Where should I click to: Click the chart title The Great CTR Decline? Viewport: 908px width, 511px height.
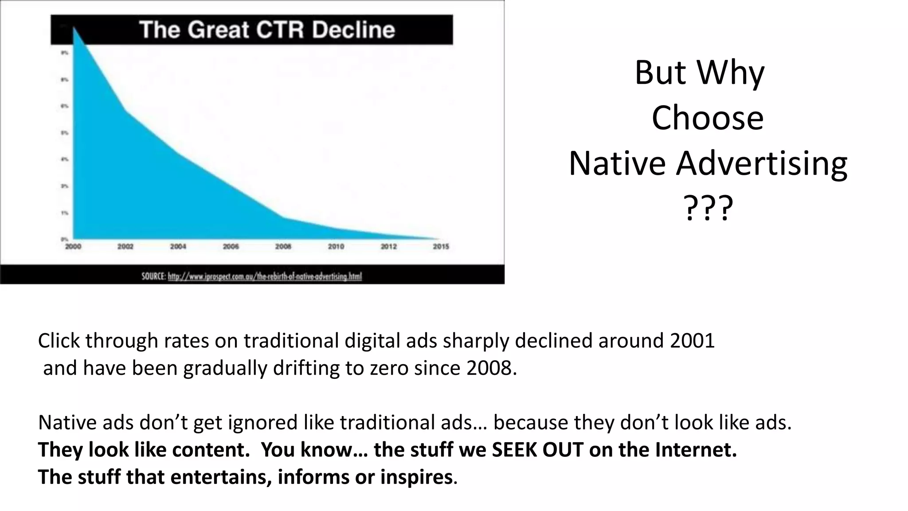pos(267,30)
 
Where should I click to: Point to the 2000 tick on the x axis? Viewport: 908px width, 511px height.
pos(73,247)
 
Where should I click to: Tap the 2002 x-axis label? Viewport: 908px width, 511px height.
pos(125,247)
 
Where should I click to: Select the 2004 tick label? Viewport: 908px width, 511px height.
pos(178,247)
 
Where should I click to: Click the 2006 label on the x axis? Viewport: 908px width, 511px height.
pos(231,247)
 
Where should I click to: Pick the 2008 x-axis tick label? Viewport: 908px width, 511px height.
pos(283,247)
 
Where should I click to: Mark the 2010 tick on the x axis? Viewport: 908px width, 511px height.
pos(336,247)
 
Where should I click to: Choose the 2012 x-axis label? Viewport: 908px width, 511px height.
pos(388,247)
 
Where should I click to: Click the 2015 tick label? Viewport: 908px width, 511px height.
pos(441,247)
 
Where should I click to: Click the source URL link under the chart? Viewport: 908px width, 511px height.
pos(265,276)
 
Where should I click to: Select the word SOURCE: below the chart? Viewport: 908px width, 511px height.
pos(153,276)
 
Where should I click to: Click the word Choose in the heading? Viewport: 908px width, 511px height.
pos(708,118)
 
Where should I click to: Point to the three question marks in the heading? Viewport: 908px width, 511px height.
pos(708,208)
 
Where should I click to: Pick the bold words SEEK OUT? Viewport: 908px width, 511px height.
pos(537,450)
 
